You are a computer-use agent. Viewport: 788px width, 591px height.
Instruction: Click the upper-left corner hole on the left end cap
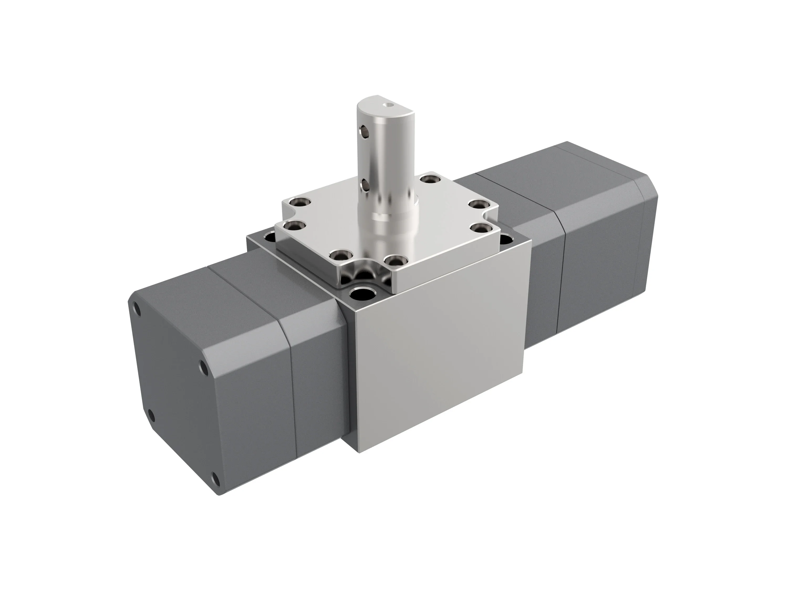136,309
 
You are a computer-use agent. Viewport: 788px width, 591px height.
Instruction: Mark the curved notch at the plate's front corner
360,276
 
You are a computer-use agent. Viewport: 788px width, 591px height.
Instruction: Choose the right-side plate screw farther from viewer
477,204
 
